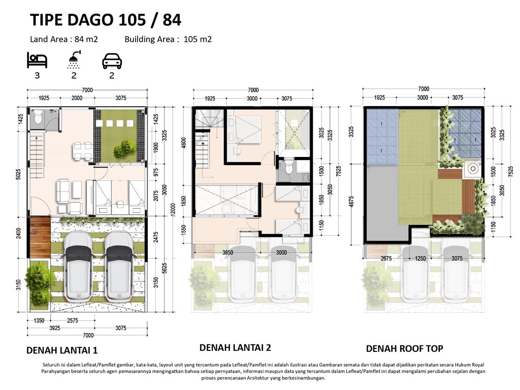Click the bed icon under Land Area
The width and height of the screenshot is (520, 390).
point(37,60)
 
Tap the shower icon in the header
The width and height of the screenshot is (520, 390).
point(74,60)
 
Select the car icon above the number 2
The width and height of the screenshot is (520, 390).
point(112,61)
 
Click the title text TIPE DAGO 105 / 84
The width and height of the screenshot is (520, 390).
point(106,20)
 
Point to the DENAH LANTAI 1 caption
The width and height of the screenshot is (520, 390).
point(62,350)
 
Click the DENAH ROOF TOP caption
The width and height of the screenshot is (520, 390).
point(405,348)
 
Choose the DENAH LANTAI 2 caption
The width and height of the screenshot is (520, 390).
point(235,347)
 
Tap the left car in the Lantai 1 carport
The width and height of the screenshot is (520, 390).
point(78,265)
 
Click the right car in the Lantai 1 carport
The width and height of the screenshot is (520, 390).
point(119,265)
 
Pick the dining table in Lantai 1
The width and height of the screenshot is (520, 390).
point(83,151)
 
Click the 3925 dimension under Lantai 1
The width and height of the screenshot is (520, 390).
point(55,328)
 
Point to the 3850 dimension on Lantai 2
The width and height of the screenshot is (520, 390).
point(227,252)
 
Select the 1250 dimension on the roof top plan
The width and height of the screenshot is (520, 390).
point(420,258)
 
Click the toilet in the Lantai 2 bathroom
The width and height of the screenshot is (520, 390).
point(289,167)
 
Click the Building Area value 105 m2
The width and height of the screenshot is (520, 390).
point(198,39)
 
